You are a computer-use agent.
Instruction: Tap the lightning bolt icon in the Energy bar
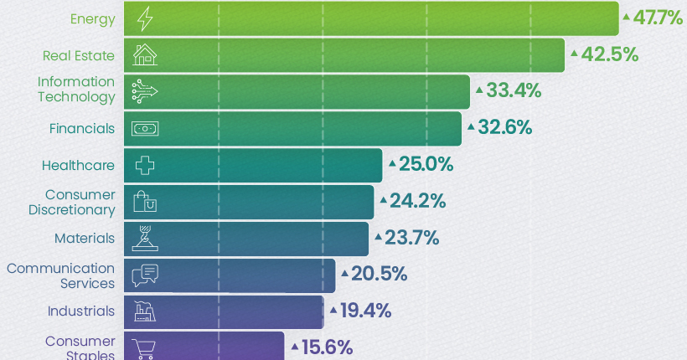tap(144, 18)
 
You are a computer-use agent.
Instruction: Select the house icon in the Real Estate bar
tap(145, 54)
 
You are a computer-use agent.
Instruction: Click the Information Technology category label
tap(76, 89)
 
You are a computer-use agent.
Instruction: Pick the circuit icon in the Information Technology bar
tap(145, 90)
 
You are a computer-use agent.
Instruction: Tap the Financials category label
tap(82, 128)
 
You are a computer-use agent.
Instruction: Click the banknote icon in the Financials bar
tap(145, 128)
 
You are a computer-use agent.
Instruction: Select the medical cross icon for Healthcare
tap(145, 165)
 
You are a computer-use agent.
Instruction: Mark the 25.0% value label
tap(426, 165)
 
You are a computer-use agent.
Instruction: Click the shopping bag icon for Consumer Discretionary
tap(145, 202)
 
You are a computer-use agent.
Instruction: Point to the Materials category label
tap(85, 239)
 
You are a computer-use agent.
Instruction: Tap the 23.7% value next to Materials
tap(412, 239)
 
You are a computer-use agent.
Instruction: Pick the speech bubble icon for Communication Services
tap(145, 275)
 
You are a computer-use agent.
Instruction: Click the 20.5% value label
tap(380, 274)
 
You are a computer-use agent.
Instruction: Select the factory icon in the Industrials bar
tap(145, 312)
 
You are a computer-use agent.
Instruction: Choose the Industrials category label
tap(81, 311)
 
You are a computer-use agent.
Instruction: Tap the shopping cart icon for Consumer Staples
tap(145, 347)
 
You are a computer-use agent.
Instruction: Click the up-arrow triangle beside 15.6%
tap(295, 345)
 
